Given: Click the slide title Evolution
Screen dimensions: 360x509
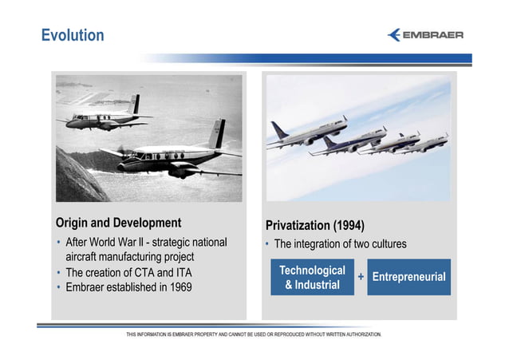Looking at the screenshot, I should coord(73,36).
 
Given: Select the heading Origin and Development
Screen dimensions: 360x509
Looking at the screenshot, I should coord(118,222).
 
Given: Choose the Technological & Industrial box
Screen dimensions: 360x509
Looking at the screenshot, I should coord(312,277).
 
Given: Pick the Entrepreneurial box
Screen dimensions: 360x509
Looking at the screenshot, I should coord(408,277).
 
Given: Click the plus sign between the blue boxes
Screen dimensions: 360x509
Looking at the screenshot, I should coord(361,277).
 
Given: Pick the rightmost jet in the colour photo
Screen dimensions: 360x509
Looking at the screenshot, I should coord(428,142).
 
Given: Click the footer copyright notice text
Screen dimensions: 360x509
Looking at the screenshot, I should coord(254,333).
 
